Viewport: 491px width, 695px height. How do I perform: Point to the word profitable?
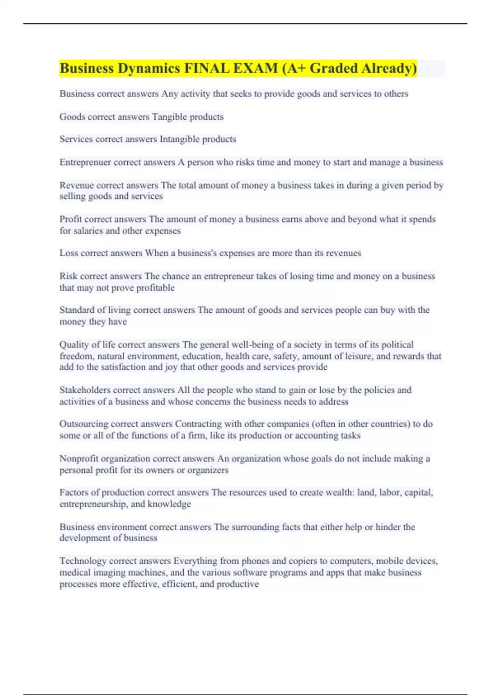point(155,288)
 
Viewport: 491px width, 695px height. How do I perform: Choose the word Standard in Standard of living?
point(77,310)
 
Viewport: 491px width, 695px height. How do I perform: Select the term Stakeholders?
point(84,390)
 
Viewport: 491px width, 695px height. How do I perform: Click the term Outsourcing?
point(83,424)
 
